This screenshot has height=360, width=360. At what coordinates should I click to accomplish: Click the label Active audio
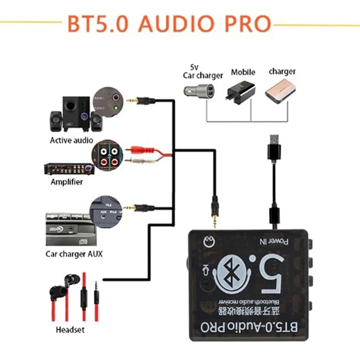click(72, 140)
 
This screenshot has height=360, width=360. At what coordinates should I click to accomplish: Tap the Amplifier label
click(67, 182)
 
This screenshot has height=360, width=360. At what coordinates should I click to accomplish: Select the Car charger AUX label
click(74, 254)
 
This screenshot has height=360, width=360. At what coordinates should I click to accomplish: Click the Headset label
click(70, 330)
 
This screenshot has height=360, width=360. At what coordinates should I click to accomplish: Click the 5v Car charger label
click(202, 72)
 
